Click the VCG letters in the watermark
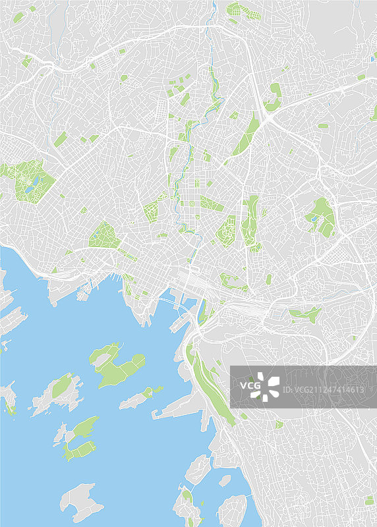click(250, 385)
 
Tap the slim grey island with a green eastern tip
click(142, 397)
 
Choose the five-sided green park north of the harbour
click(102, 235)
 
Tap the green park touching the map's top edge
click(235, 9)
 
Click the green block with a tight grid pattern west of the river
click(151, 211)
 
